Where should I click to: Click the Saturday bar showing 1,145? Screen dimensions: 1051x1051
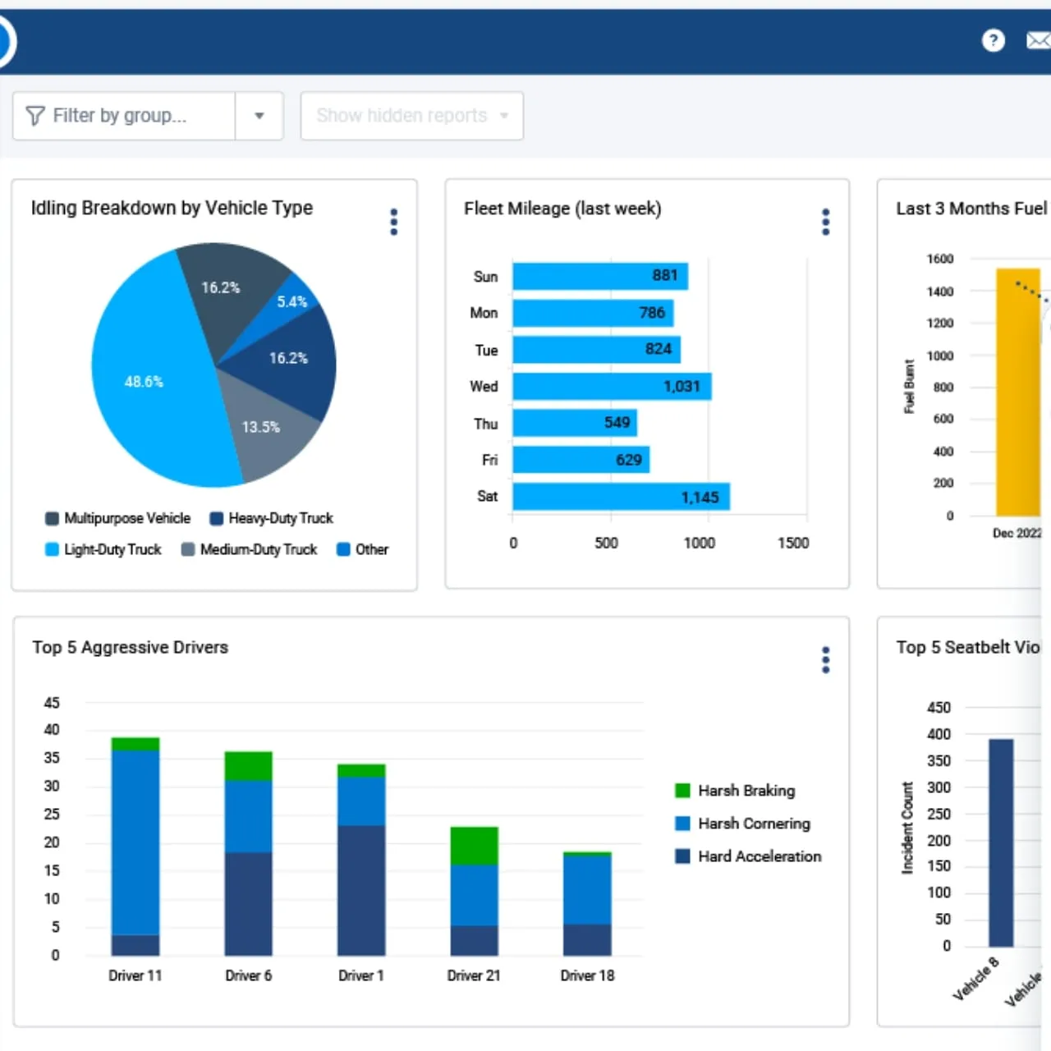point(620,497)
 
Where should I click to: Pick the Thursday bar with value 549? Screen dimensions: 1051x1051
point(574,423)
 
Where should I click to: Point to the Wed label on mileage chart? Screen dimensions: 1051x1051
point(484,386)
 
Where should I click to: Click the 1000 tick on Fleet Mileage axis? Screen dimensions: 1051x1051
point(699,543)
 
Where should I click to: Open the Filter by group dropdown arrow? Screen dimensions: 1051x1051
point(259,116)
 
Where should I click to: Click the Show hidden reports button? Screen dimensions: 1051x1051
point(411,116)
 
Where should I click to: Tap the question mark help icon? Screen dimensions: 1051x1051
point(993,40)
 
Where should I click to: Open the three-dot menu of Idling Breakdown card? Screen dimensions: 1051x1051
point(394,222)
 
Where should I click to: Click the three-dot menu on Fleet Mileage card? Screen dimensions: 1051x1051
point(826,222)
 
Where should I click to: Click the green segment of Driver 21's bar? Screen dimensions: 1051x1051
point(474,846)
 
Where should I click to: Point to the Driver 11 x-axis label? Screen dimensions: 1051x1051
point(135,975)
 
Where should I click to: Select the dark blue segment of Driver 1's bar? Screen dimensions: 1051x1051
point(360,891)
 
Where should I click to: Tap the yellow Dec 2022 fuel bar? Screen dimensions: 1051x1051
point(1017,394)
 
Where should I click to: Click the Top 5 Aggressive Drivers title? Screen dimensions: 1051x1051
point(130,647)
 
